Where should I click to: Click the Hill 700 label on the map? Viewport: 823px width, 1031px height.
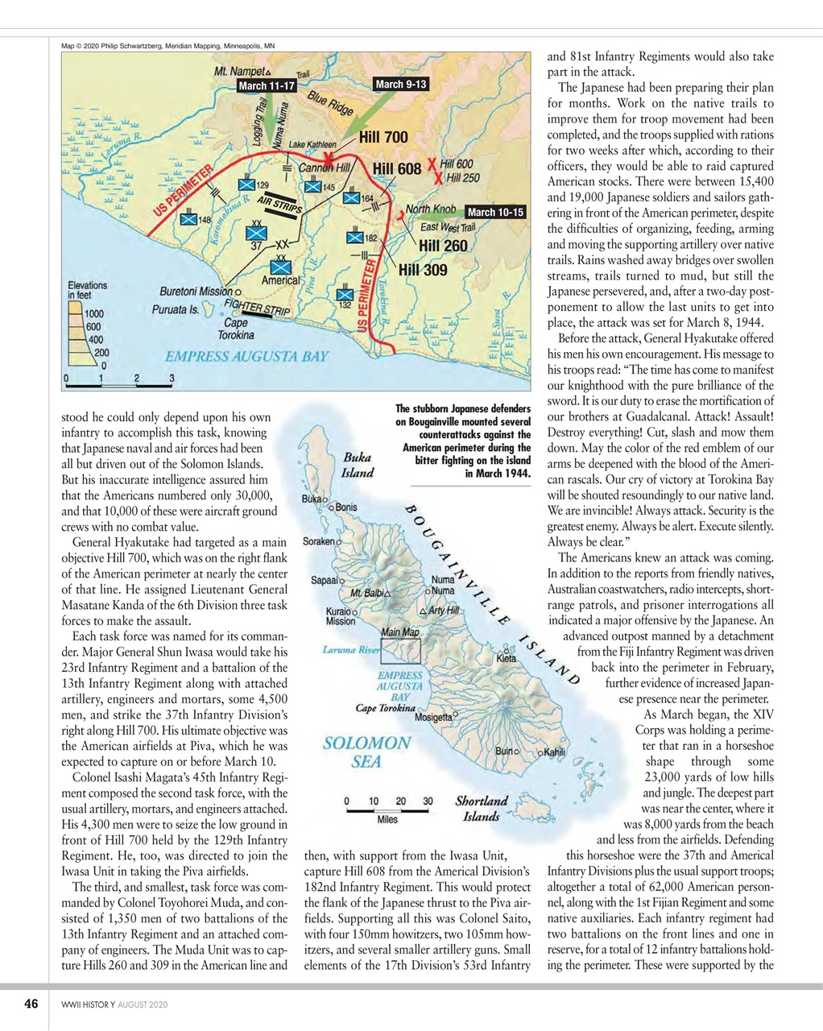[383, 138]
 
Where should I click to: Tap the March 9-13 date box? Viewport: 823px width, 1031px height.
[400, 85]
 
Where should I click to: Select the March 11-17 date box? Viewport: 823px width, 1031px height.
[267, 86]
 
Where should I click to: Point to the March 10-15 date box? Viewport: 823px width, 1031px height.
[495, 213]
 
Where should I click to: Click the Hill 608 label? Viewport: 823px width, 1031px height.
[397, 169]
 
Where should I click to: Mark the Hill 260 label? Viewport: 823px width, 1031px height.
[443, 246]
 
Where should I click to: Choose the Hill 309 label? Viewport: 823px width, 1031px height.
[423, 270]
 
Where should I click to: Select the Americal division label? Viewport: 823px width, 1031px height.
[279, 280]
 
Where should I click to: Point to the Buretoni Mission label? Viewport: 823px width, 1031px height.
[196, 291]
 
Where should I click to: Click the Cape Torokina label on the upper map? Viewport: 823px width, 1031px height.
[235, 329]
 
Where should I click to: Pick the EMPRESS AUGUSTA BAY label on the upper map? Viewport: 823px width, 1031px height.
[246, 356]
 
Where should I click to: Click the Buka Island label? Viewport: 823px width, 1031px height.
[358, 465]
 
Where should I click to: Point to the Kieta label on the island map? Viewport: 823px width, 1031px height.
[506, 658]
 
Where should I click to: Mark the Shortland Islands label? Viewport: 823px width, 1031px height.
[482, 809]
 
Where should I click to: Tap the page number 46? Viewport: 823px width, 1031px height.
[31, 1004]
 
